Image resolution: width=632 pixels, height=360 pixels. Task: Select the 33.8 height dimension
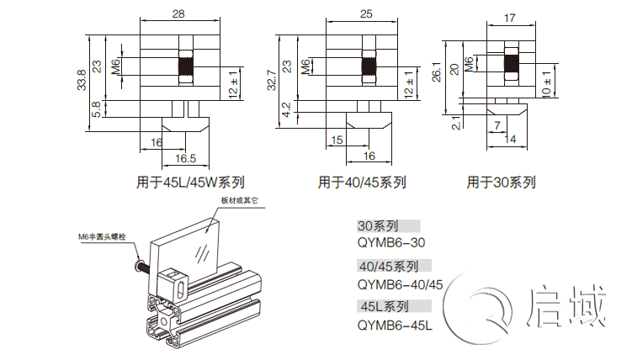pos(81,81)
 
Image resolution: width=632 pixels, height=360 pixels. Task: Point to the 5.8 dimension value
pos(98,109)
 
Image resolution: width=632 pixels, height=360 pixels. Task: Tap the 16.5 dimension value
pos(185,158)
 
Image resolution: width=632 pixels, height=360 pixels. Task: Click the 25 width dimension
pos(365,14)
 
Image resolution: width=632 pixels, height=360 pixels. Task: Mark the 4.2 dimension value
pos(286,109)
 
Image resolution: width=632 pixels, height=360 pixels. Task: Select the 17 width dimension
pos(510,17)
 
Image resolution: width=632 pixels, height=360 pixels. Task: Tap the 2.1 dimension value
pos(455,124)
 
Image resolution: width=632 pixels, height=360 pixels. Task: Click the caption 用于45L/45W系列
pos(190,182)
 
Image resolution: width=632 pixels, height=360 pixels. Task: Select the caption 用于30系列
pos(502,182)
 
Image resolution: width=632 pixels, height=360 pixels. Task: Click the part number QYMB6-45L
pos(394,324)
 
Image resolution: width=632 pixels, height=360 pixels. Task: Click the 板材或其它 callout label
pos(242,201)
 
